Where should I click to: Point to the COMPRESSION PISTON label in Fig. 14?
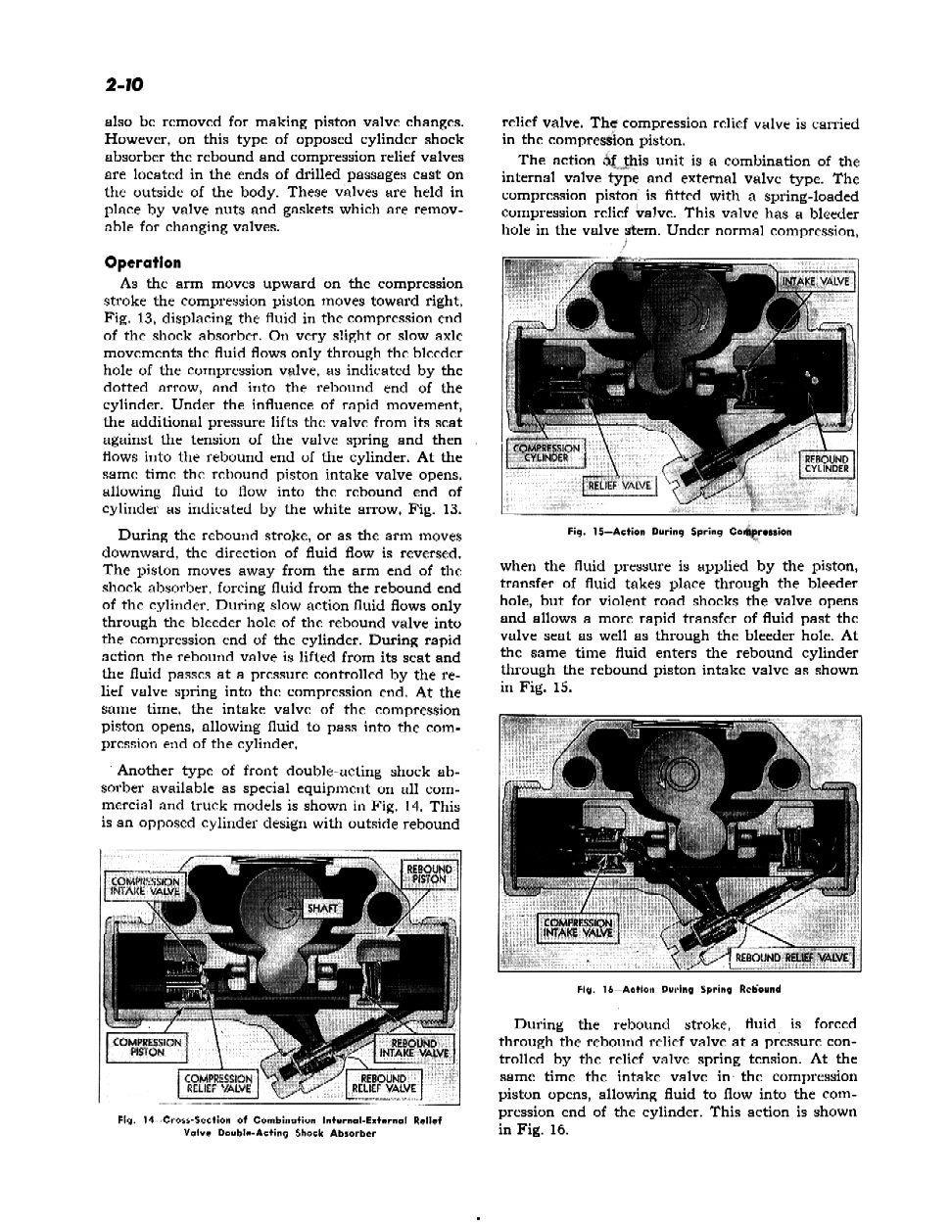click(146, 1047)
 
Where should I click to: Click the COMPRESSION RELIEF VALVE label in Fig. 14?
click(219, 1083)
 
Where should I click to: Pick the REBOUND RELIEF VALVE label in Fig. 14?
click(384, 1083)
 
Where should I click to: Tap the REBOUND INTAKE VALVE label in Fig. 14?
click(412, 1048)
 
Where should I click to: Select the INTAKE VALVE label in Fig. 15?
click(817, 283)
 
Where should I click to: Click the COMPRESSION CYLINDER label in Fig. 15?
click(546, 454)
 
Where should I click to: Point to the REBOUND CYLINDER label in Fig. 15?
click(827, 463)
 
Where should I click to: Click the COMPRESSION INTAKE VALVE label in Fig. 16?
click(577, 926)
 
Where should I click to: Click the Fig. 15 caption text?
click(679, 532)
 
